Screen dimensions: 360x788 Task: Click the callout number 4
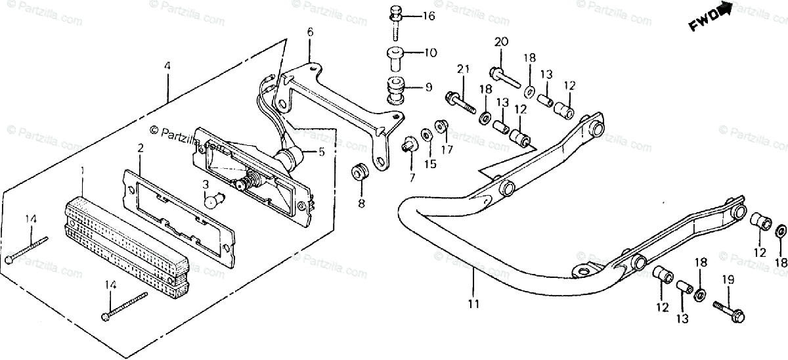click(167, 66)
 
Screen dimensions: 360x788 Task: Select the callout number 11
click(473, 304)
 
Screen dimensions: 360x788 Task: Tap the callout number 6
click(310, 32)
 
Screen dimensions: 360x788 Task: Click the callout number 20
click(501, 42)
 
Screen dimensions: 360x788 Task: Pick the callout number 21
click(464, 70)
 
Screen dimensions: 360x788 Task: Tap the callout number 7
click(412, 178)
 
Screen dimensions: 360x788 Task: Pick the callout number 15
click(430, 164)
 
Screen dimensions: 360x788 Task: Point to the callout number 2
click(141, 148)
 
